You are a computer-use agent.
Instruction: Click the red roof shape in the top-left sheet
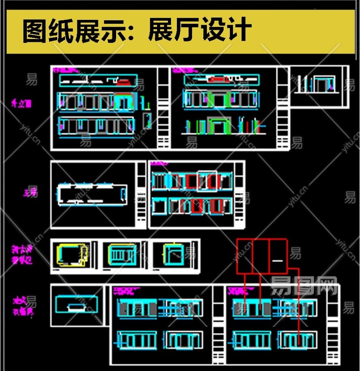click(x=125, y=82)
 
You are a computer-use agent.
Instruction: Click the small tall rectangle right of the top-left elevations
click(x=147, y=120)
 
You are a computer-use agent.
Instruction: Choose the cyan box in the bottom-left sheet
click(x=76, y=305)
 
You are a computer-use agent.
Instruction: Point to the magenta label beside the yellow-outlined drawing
click(x=21, y=254)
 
